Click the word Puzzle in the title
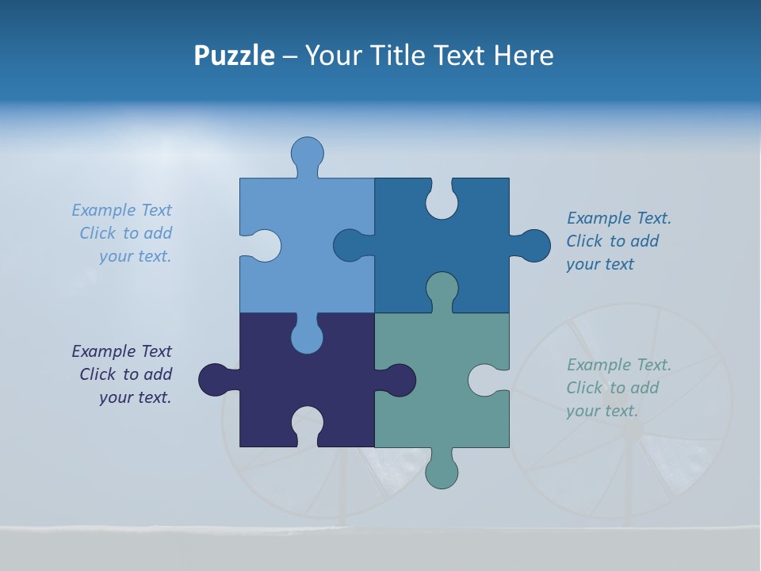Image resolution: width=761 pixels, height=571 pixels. (x=234, y=56)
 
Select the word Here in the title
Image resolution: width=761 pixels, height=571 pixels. (x=523, y=56)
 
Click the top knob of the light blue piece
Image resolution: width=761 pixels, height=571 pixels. (x=308, y=153)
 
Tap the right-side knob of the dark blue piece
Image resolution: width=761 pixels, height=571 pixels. (x=533, y=246)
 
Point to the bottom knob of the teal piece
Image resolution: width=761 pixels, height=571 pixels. (x=442, y=472)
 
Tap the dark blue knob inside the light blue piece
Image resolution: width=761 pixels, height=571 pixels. (x=350, y=246)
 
